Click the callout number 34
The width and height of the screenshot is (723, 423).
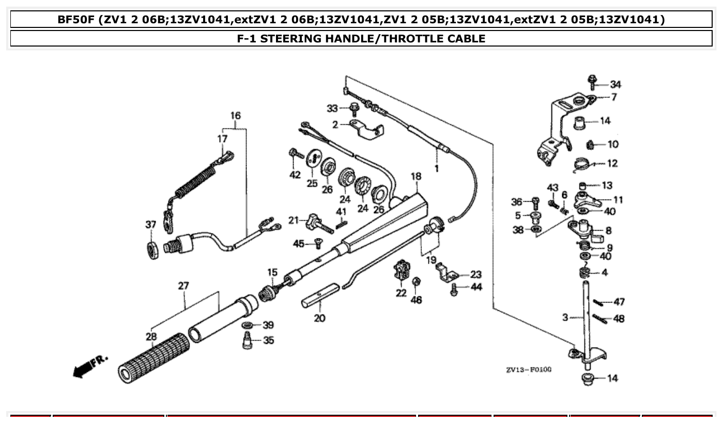click(616, 84)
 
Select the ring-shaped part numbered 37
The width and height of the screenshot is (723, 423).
click(153, 249)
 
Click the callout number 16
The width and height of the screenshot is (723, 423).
click(235, 116)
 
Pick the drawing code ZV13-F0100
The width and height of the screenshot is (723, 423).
click(529, 370)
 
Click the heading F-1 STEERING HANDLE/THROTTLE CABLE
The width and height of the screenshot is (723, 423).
click(361, 38)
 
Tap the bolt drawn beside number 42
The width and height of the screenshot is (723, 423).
click(295, 153)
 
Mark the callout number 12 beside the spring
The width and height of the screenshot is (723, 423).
click(612, 163)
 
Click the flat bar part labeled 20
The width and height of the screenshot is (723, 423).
click(320, 297)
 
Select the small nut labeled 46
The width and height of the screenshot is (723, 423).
click(417, 281)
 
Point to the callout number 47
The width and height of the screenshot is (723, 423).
click(619, 302)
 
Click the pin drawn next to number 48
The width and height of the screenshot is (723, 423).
click(599, 318)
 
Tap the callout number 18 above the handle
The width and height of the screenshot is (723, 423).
click(416, 177)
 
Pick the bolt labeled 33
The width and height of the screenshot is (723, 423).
click(355, 109)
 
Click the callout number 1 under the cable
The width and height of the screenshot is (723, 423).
click(436, 169)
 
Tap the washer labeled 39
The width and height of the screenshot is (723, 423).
click(248, 325)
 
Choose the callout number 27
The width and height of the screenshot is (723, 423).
click(183, 285)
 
